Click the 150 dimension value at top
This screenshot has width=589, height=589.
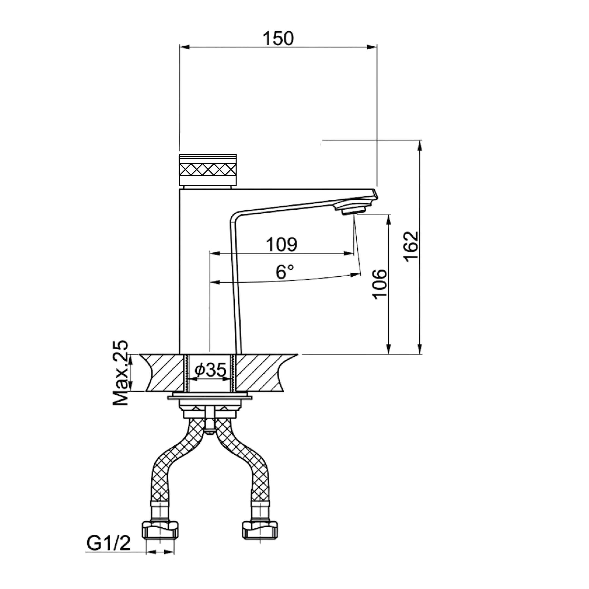[278, 38]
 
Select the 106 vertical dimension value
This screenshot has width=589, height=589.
[380, 284]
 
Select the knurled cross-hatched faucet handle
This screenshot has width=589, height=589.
[208, 170]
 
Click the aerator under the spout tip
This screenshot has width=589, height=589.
[353, 210]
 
